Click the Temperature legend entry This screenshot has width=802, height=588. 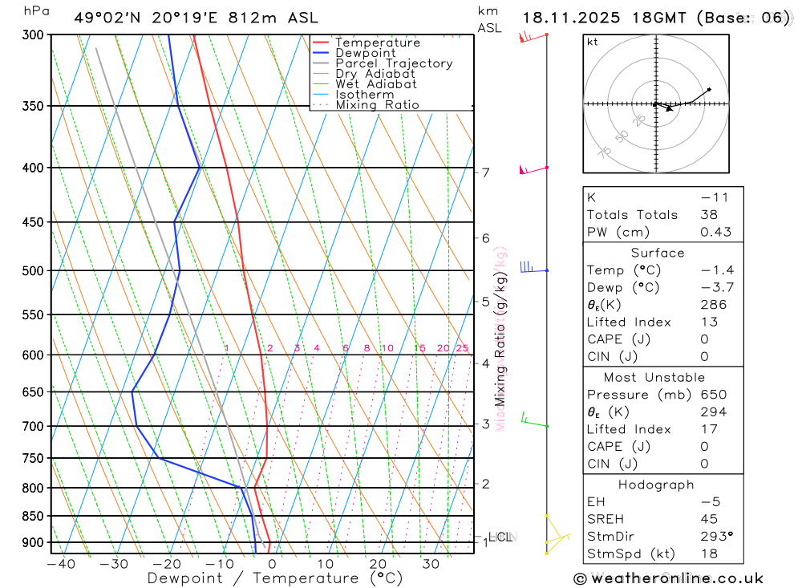click(x=377, y=43)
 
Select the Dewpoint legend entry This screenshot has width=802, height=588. click(x=365, y=53)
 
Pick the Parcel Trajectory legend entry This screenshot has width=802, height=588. click(x=393, y=63)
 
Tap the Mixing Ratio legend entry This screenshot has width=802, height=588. click(x=377, y=105)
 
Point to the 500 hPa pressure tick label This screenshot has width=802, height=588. click(x=32, y=271)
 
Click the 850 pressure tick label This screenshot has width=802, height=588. click(x=32, y=516)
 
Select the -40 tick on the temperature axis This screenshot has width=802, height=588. click(x=61, y=564)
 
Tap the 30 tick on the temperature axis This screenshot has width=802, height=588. click(x=431, y=564)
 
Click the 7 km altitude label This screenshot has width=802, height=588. click(x=486, y=172)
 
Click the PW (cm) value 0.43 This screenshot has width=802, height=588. click(x=715, y=232)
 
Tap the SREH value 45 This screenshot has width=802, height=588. click(x=708, y=519)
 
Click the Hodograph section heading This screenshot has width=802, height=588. click(x=657, y=485)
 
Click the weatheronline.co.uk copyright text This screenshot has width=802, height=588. click(x=669, y=578)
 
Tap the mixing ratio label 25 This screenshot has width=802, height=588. click(x=462, y=348)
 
